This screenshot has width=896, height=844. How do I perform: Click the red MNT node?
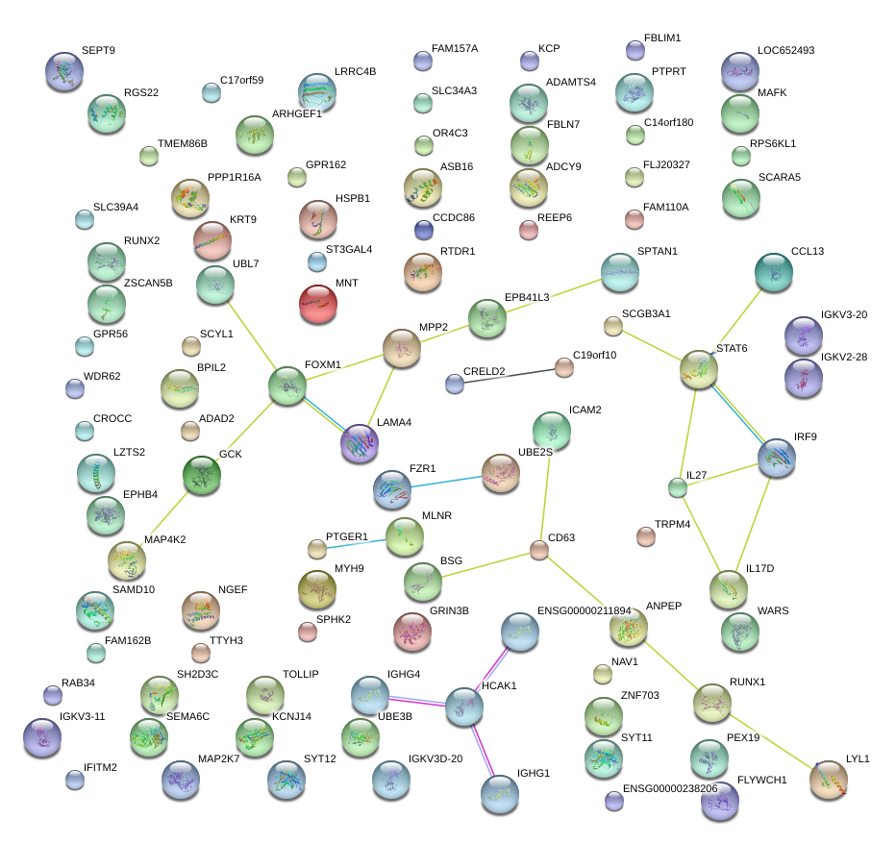318,305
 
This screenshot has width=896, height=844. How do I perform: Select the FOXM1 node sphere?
287,385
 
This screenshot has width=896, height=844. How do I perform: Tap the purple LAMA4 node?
360,443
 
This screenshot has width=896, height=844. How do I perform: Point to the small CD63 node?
539,550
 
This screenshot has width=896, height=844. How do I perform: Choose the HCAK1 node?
464,707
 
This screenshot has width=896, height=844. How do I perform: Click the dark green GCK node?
202,475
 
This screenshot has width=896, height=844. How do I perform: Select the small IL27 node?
678,487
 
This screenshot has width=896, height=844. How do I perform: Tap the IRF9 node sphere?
777,459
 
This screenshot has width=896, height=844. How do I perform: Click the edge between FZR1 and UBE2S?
447,482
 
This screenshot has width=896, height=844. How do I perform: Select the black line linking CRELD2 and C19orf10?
510,375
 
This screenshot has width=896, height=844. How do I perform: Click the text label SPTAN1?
658,252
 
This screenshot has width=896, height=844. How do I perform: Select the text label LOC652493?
785,50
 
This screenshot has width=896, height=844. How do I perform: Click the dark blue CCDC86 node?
424,229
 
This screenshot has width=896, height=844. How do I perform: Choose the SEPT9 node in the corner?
63,70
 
